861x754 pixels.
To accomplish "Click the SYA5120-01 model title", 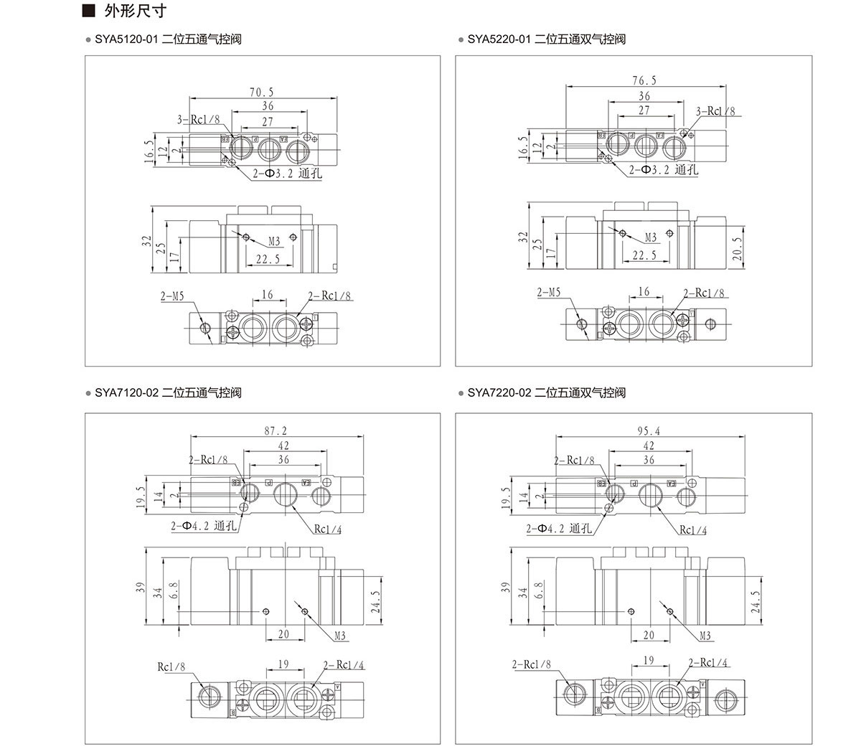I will point(167,39).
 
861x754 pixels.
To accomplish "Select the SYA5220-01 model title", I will point(546,39).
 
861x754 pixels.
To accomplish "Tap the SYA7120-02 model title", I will point(167,392).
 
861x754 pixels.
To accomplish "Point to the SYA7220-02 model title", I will point(546,392).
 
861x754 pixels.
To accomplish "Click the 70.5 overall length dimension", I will point(262,92).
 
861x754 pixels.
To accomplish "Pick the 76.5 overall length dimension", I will point(644,80).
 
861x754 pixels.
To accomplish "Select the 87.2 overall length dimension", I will point(276,431).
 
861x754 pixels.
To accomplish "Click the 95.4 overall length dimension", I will point(648,431).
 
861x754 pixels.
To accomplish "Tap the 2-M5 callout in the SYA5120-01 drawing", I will point(172,296).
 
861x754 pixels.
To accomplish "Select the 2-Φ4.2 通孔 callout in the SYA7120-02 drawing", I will point(204,526).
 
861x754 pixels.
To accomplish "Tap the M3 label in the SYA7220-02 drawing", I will point(705,635).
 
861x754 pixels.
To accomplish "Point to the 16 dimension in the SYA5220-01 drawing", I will point(644,291).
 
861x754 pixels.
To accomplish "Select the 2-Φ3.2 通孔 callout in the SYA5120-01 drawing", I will point(286,173).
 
